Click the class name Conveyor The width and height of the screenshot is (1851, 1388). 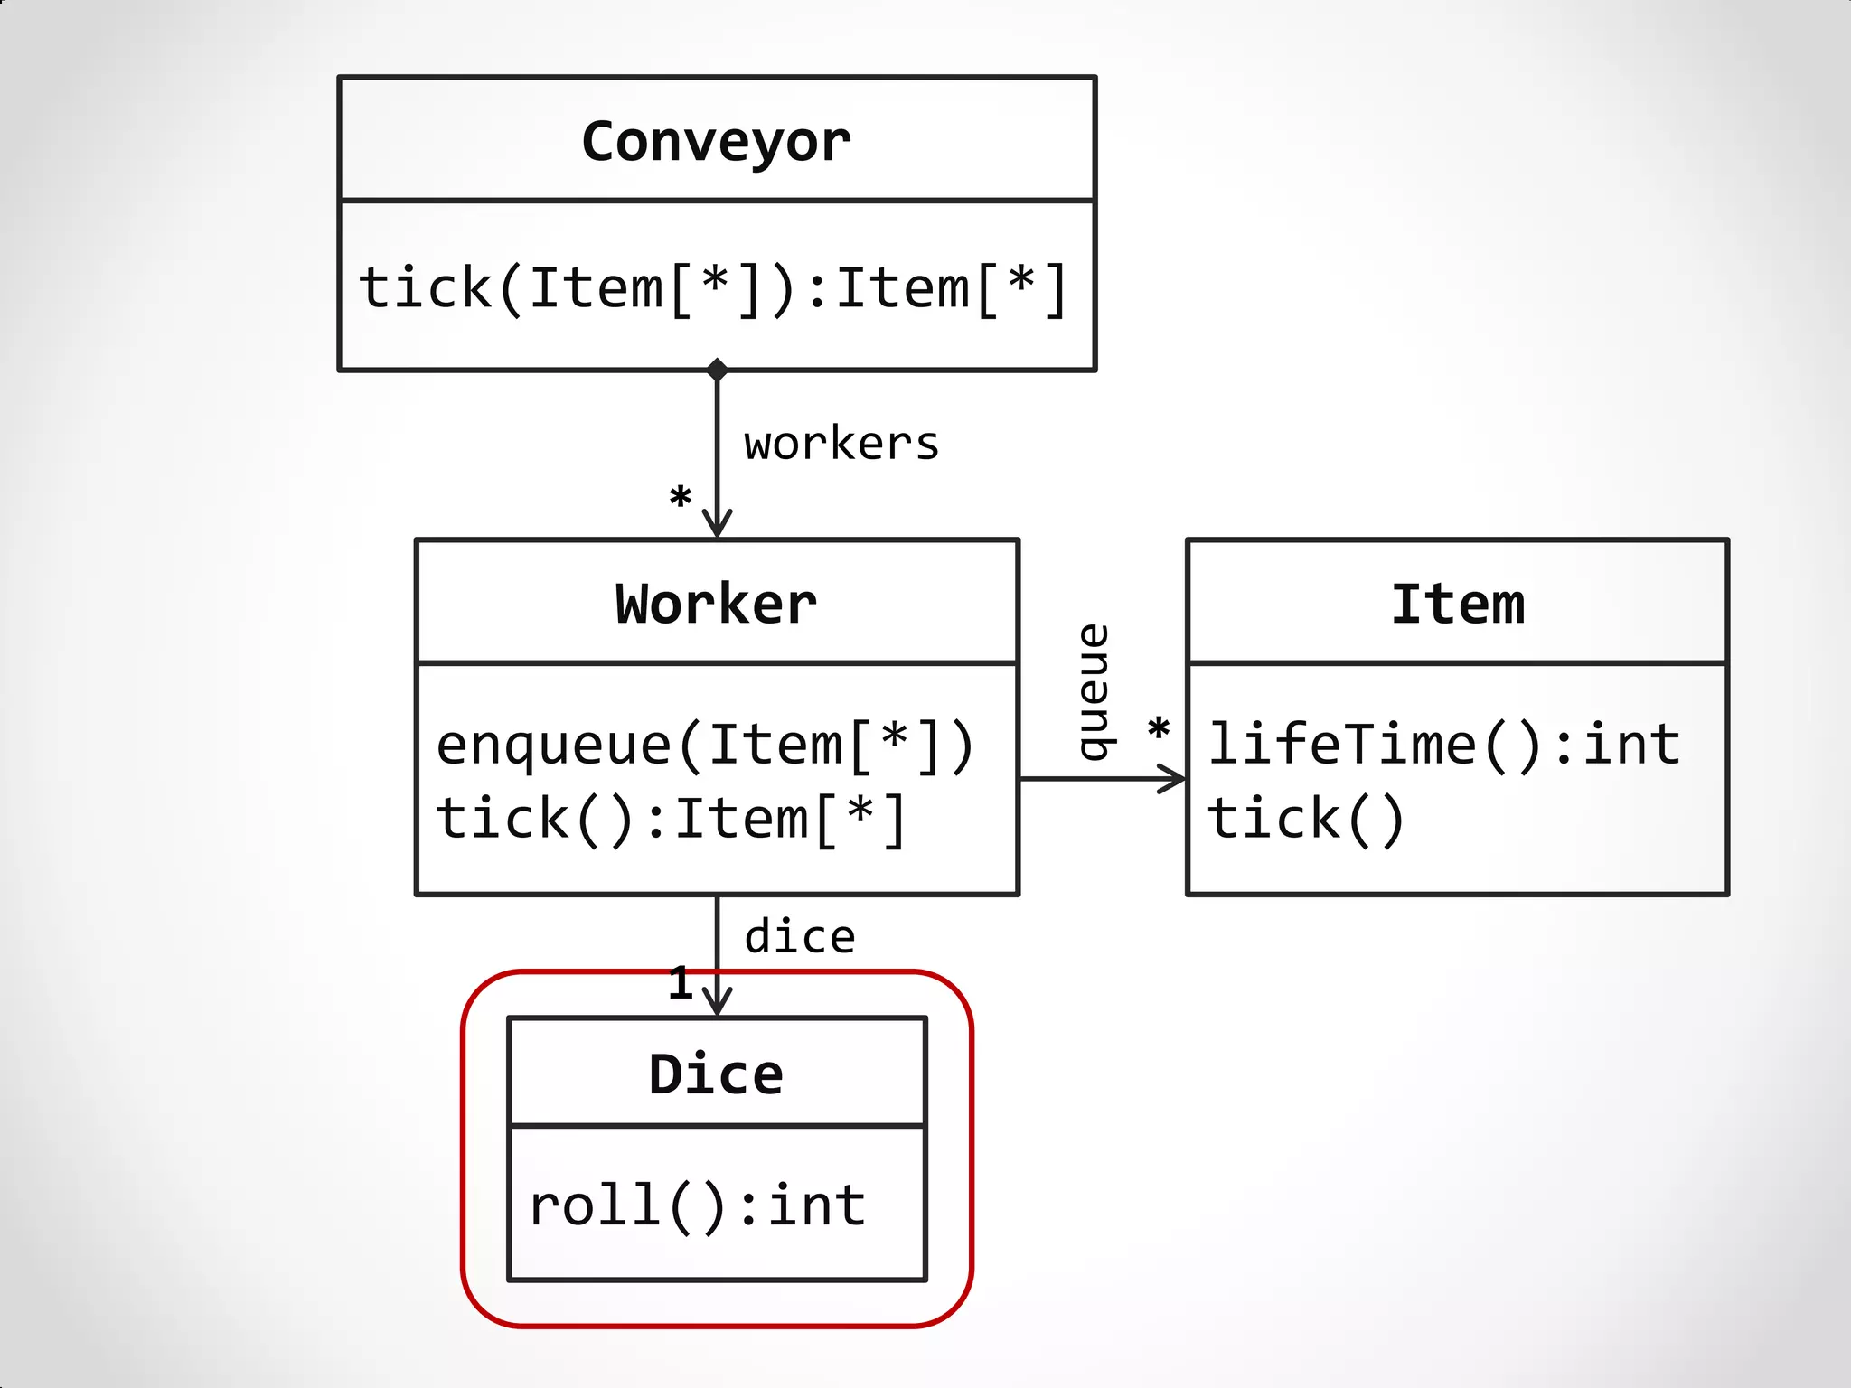pyautogui.click(x=716, y=142)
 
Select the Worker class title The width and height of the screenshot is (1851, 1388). pyautogui.click(x=716, y=604)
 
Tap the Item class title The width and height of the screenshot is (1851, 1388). pyautogui.click(x=1457, y=604)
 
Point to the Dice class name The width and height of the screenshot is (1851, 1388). pyautogui.click(x=716, y=1074)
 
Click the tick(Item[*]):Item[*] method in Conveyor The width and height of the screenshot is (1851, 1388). pyautogui.click(x=714, y=289)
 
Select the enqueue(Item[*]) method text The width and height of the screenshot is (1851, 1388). pyautogui.click(x=705, y=746)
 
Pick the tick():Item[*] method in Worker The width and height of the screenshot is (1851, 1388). pyautogui.click(x=671, y=820)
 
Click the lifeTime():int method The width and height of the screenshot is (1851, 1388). pyautogui.click(x=1444, y=746)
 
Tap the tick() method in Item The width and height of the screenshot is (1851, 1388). pyautogui.click(x=1305, y=820)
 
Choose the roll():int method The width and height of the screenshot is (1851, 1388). pyautogui.click(x=698, y=1206)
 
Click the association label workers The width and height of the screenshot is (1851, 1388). pyautogui.click(x=841, y=444)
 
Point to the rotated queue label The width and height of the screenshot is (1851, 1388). pyautogui.click(x=1095, y=691)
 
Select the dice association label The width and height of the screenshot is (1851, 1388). pyautogui.click(x=800, y=937)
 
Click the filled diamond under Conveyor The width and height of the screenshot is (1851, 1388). pyautogui.click(x=717, y=370)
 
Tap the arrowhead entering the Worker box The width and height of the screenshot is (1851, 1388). pyautogui.click(x=717, y=524)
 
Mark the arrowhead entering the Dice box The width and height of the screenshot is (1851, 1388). pyautogui.click(x=717, y=1002)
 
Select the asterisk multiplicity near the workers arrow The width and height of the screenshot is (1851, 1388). pyautogui.click(x=680, y=498)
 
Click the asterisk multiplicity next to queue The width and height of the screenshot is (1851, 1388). pyautogui.click(x=1158, y=729)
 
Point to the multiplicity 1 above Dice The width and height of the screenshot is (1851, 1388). pyautogui.click(x=680, y=983)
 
